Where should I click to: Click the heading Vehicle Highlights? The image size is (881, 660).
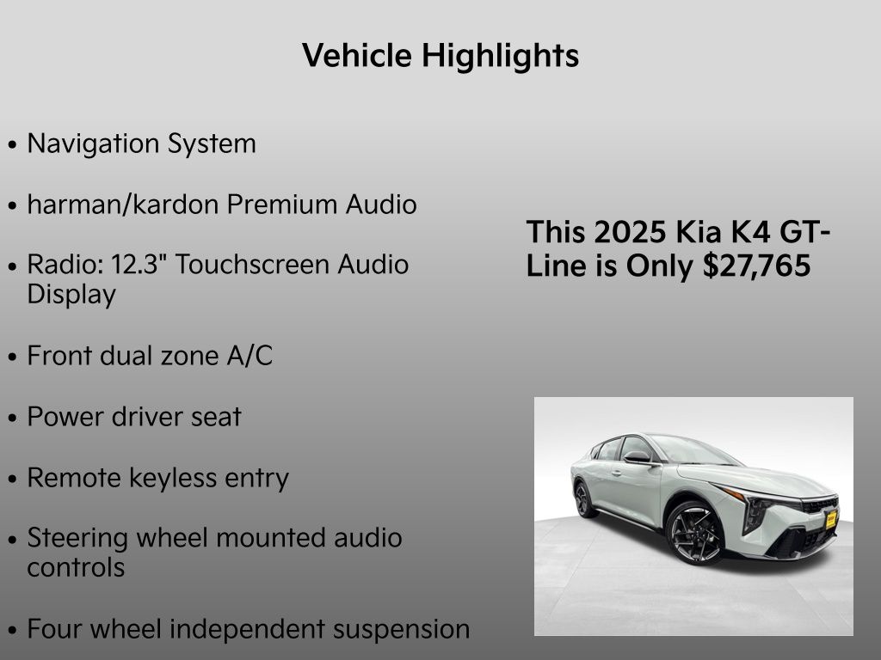click(x=440, y=56)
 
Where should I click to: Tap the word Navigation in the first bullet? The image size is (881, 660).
click(x=93, y=144)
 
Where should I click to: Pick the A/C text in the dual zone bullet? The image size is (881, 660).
click(x=250, y=355)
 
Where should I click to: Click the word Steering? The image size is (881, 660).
click(x=77, y=539)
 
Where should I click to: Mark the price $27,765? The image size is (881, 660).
click(x=756, y=265)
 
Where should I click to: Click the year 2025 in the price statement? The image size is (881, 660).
click(x=630, y=231)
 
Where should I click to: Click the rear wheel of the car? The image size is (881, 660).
click(x=584, y=499)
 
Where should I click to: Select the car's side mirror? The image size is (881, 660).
click(x=638, y=457)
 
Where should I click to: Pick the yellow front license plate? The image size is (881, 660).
click(x=831, y=520)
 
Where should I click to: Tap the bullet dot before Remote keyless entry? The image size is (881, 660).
click(x=13, y=480)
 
